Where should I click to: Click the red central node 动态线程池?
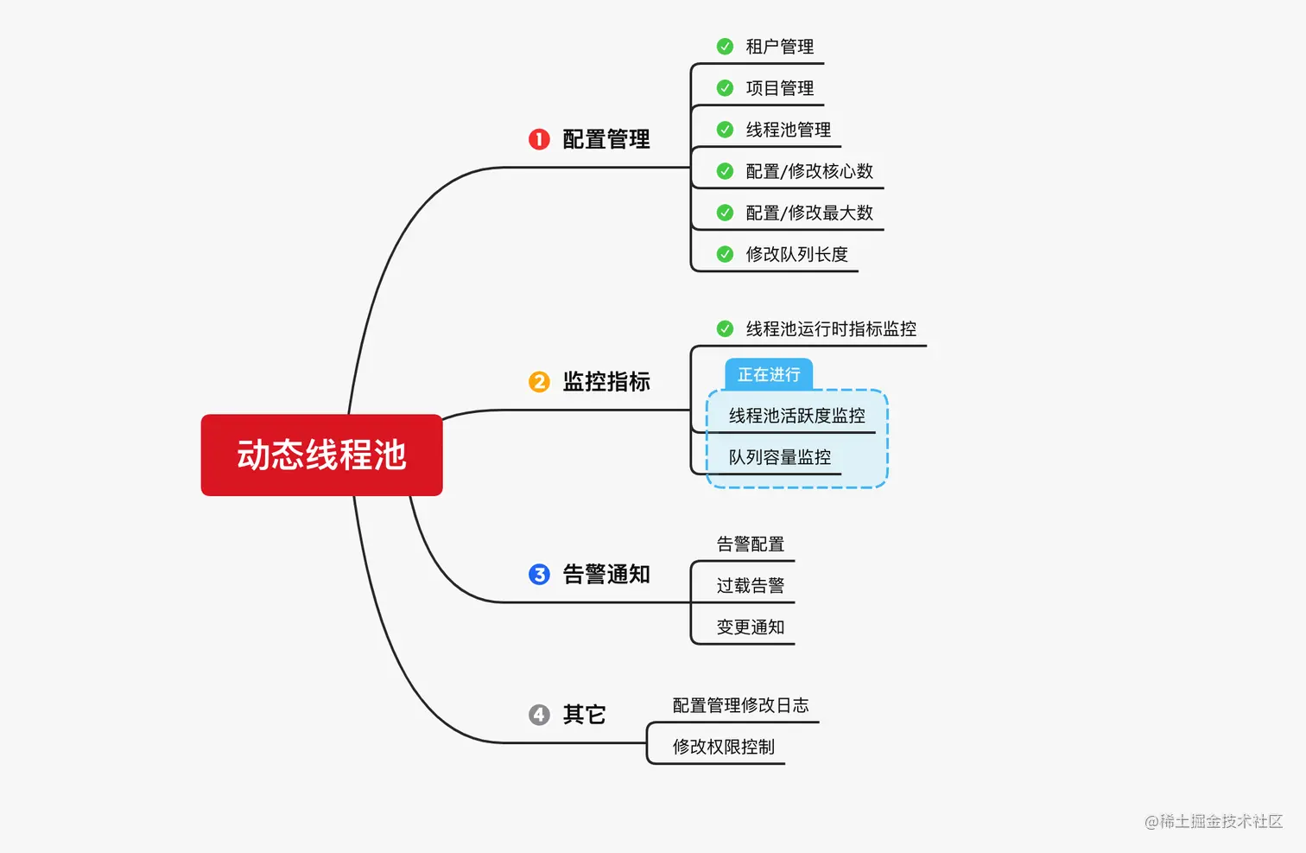pos(321,455)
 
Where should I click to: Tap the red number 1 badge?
pos(539,139)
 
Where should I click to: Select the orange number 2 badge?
pos(539,382)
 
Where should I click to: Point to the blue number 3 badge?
pos(539,575)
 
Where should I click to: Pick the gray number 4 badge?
pos(539,715)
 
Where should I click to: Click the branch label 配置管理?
pos(606,139)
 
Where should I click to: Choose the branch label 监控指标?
pos(606,382)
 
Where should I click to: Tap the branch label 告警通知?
pos(606,575)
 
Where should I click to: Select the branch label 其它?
pos(585,715)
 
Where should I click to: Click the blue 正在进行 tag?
pos(769,375)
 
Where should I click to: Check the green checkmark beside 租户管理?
pos(726,47)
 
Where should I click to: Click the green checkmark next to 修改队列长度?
pos(726,254)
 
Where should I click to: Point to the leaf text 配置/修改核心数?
pos(809,171)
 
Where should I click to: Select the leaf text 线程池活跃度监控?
pos(796,416)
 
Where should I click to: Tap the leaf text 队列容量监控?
pos(779,457)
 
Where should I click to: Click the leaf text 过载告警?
pos(750,586)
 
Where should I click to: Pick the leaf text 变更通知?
pos(750,627)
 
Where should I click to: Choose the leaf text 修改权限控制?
pos(723,747)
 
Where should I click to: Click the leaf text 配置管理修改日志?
pos(740,705)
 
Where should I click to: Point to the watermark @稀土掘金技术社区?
pos(1214,821)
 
